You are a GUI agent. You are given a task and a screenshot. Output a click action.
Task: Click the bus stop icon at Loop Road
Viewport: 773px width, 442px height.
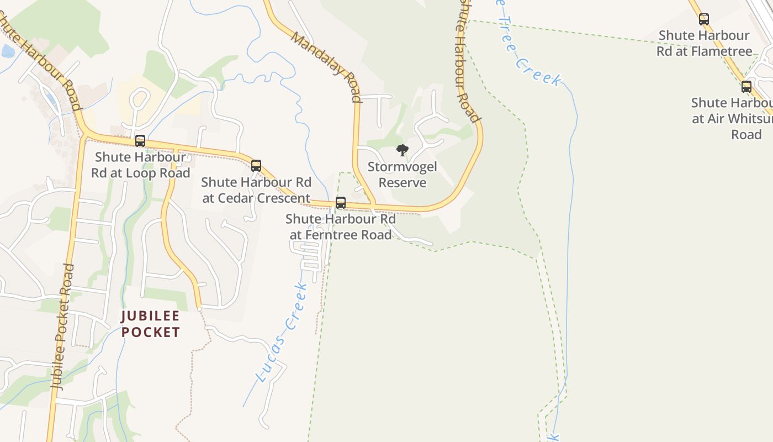(140, 141)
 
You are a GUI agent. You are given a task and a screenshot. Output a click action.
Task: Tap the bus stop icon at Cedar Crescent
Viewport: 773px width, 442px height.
(256, 165)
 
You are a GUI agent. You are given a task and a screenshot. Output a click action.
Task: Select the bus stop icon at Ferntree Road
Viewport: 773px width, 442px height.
(341, 203)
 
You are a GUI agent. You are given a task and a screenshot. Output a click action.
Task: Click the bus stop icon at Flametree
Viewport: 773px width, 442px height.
(703, 19)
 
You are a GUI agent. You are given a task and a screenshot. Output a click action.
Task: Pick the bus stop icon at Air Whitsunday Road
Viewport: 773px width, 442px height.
(746, 87)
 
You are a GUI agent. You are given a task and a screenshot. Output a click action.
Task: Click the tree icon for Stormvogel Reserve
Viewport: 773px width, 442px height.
(403, 150)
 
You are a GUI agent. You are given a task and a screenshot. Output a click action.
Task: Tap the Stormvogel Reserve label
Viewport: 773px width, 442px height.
(403, 175)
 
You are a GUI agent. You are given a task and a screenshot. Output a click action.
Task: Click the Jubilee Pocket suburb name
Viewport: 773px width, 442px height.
(151, 324)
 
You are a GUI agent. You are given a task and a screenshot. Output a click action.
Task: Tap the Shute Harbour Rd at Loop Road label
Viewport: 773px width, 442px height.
(140, 165)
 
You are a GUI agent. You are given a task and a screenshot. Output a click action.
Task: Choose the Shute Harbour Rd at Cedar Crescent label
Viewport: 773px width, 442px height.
(256, 190)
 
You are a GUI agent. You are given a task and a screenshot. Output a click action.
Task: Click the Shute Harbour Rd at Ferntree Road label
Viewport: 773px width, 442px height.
(341, 227)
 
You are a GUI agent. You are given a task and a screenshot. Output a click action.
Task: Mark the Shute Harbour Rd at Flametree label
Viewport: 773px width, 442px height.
(704, 43)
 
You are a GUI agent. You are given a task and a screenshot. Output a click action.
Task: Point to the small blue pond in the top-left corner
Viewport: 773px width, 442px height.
(8, 51)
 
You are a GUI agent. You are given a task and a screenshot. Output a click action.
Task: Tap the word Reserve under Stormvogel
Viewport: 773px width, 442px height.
(403, 183)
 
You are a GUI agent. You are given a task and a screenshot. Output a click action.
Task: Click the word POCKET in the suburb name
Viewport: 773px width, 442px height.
(151, 332)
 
